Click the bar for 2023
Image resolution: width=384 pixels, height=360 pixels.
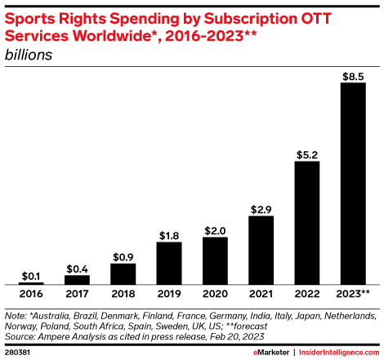(x=352, y=184)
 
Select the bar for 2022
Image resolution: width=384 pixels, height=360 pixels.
(x=306, y=222)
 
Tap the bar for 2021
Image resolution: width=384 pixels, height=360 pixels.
(x=261, y=250)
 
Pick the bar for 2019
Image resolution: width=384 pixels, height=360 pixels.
(x=168, y=263)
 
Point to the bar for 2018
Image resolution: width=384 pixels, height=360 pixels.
(x=123, y=273)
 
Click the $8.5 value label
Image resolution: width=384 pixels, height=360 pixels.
(x=352, y=76)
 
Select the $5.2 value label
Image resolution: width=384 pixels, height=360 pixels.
(x=306, y=153)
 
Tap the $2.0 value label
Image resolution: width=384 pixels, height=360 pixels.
(x=214, y=229)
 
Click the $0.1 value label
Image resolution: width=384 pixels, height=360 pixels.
(x=31, y=275)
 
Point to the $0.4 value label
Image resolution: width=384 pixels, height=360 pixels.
(x=77, y=268)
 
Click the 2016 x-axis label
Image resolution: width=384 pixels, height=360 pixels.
(x=31, y=294)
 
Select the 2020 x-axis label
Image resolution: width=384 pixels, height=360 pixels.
(x=214, y=294)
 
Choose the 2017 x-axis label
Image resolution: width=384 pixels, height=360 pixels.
(x=77, y=294)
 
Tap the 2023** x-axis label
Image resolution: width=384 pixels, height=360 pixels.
(x=352, y=294)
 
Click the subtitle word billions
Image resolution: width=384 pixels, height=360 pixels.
(x=29, y=55)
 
